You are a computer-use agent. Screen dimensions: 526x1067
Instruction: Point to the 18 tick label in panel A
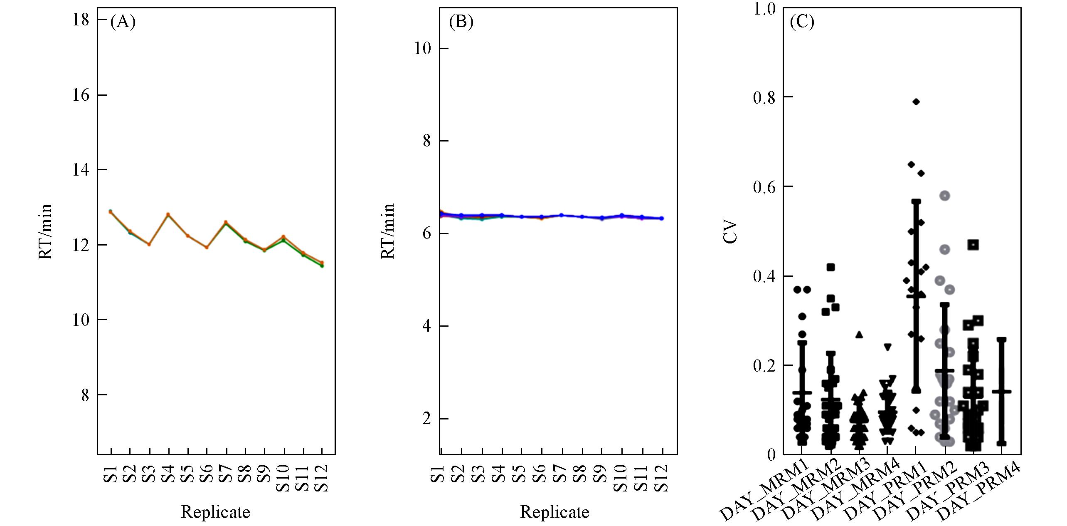pos(81,20)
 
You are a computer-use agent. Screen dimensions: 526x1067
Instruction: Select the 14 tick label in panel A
pos(81,170)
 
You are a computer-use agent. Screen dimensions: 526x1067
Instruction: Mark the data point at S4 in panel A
pos(168,215)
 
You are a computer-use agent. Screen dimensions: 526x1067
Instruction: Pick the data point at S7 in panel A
pos(226,223)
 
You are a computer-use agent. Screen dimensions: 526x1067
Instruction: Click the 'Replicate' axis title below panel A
pos(215,512)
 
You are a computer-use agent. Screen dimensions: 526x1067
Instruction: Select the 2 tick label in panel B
pos(427,419)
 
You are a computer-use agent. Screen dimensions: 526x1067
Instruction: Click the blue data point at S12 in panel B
pos(662,218)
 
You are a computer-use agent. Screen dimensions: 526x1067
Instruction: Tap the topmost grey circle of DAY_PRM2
pos(945,196)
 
